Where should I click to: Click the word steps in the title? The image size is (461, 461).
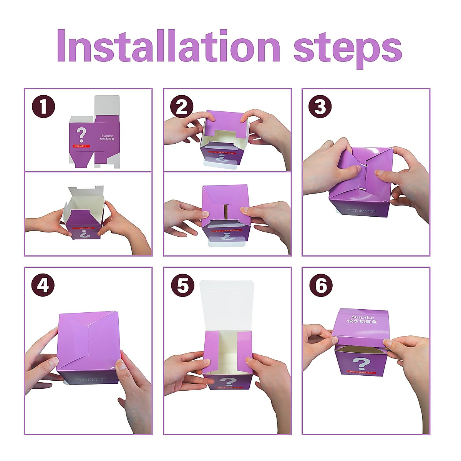pos(348,48)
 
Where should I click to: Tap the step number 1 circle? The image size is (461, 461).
pos(43,106)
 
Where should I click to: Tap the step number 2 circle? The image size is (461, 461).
pos(182,106)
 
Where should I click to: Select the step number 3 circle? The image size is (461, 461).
pos(320,106)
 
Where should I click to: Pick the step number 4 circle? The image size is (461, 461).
pos(43,285)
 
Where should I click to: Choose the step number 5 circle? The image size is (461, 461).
pos(182,285)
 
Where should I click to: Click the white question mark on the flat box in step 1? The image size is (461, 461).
pos(81,135)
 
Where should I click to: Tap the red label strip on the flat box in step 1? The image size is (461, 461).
pos(81,146)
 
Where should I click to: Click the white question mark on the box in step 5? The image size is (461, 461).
pos(229,382)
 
